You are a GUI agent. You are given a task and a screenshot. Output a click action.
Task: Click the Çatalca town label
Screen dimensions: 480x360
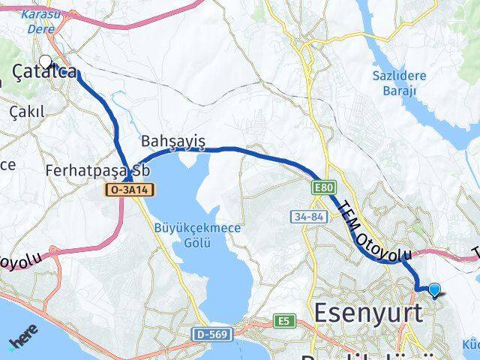click(x=46, y=72)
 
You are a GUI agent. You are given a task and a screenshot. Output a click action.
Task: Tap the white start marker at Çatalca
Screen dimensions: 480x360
click(x=45, y=61)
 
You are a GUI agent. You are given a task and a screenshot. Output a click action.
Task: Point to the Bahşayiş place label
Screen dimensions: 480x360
click(x=172, y=141)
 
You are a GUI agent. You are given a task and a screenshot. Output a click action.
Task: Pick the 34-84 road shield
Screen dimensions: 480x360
click(x=307, y=217)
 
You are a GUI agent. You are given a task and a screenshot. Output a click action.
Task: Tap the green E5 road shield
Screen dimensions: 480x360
click(x=283, y=321)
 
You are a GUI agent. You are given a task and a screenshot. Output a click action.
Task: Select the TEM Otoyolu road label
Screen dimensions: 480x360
click(x=364, y=233)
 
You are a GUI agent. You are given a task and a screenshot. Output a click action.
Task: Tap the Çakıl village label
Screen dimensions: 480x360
click(x=27, y=111)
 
